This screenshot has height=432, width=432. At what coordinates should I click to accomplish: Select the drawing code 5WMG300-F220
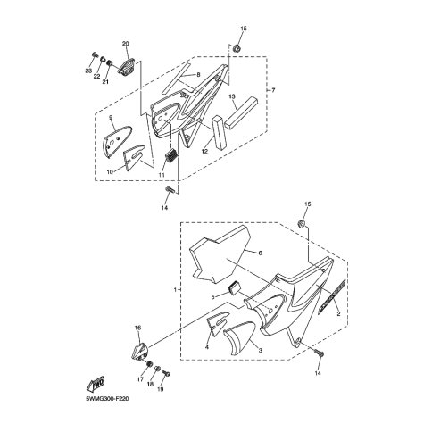(107, 399)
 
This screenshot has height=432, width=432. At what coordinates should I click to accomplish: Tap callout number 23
(88, 71)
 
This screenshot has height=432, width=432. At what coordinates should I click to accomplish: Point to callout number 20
(126, 44)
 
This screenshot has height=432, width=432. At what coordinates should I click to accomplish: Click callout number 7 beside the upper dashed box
(273, 90)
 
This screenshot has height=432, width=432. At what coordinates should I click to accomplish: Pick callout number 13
(232, 96)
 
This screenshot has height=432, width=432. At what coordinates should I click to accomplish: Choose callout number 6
(260, 253)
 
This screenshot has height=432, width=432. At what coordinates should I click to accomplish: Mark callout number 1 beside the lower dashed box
(175, 289)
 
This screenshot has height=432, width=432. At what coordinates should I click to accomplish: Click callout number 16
(137, 328)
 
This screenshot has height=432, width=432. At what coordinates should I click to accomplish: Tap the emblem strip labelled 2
(332, 296)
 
